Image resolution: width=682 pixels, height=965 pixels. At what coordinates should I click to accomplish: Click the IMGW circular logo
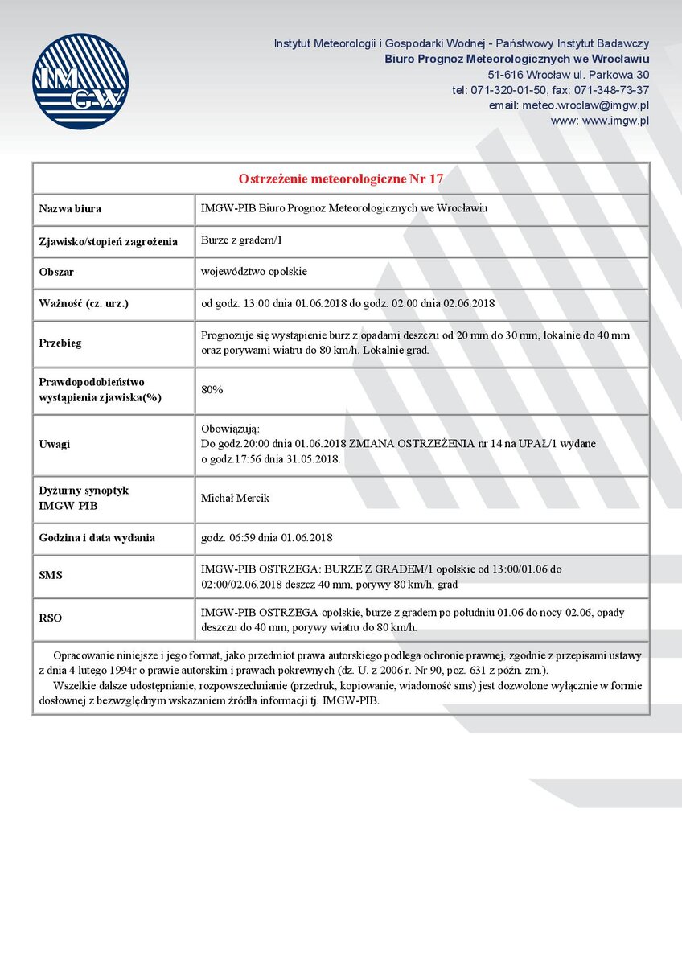[x=80, y=81]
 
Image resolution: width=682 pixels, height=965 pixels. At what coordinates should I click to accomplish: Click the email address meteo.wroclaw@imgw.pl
[x=569, y=105]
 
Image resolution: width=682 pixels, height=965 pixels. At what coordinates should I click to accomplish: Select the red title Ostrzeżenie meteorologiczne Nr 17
[x=341, y=178]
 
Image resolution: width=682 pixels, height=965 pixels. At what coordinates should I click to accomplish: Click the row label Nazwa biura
[x=70, y=209]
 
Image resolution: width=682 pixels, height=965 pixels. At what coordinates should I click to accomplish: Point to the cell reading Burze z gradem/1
[x=241, y=240]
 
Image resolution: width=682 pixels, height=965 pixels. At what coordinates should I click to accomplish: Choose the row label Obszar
[x=56, y=272]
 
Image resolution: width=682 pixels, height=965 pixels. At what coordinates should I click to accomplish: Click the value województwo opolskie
[x=253, y=272]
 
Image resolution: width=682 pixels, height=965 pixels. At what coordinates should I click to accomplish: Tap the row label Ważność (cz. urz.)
[x=84, y=303]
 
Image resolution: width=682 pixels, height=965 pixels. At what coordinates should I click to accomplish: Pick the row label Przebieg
[x=60, y=343]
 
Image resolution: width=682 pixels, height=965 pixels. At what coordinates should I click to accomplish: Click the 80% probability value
[x=212, y=389]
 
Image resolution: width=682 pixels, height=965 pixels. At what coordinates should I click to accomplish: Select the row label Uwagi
[x=55, y=444]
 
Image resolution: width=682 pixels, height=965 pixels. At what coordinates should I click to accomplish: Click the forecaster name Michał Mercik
[x=235, y=498]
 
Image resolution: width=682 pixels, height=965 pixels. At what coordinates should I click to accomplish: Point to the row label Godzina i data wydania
[x=97, y=537]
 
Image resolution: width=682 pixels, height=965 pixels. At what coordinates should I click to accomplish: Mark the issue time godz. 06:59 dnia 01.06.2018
[x=266, y=537]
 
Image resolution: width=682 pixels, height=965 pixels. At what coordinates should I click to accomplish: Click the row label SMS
[x=51, y=576]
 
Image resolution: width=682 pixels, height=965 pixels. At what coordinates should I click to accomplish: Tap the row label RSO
[x=51, y=618]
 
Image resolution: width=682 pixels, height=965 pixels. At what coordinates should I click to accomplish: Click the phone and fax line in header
[x=550, y=90]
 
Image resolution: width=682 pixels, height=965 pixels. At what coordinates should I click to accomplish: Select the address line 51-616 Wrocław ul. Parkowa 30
[x=568, y=75]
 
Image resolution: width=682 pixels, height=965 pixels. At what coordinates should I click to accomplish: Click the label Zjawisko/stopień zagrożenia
[x=108, y=240]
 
